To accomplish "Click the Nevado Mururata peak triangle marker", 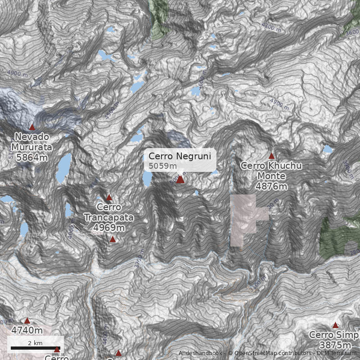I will pyautogui.click(x=32, y=127).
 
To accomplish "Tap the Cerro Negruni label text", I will pyautogui.click(x=180, y=156).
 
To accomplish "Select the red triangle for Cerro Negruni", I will pyautogui.click(x=180, y=180).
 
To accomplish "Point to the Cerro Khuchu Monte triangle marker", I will pyautogui.click(x=271, y=156).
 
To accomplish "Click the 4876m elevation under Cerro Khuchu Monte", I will pyautogui.click(x=271, y=186).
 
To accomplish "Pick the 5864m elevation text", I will pyautogui.click(x=31, y=157).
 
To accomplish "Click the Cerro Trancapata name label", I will pyautogui.click(x=109, y=212).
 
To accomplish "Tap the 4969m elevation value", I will pyautogui.click(x=109, y=228).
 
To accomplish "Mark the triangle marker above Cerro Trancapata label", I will pyautogui.click(x=109, y=198).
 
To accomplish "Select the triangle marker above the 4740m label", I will pyautogui.click(x=27, y=321).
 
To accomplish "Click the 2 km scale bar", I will pyautogui.click(x=35, y=348).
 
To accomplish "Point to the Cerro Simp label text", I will pyautogui.click(x=334, y=335).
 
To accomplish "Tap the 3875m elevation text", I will pyautogui.click(x=335, y=345).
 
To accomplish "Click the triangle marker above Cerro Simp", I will pyautogui.click(x=335, y=325).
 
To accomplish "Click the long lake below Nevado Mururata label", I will pyautogui.click(x=64, y=168).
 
